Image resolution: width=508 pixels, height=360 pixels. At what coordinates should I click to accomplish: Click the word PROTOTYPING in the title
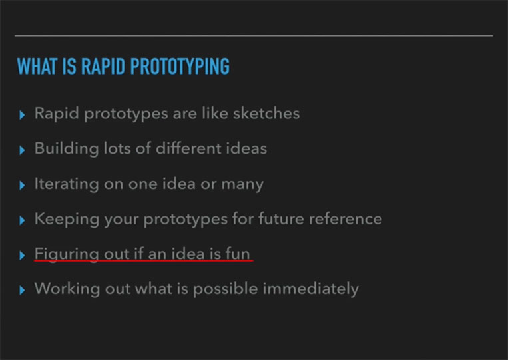pyautogui.click(x=180, y=67)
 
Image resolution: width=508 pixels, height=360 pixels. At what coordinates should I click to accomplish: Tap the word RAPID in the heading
pyautogui.click(x=103, y=67)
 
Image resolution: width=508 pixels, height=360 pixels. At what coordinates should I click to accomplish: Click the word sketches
pyautogui.click(x=266, y=113)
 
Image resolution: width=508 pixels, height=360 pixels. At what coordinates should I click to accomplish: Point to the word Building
pyautogui.click(x=67, y=149)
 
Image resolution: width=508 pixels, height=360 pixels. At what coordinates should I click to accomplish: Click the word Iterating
pyautogui.click(x=67, y=184)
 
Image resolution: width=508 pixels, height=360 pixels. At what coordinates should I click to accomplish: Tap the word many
pyautogui.click(x=242, y=185)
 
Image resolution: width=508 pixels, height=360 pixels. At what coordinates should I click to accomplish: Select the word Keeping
pyautogui.click(x=67, y=219)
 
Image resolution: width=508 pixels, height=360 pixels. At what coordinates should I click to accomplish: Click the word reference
pyautogui.click(x=346, y=219)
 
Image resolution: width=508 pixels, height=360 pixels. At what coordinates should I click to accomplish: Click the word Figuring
pyautogui.click(x=67, y=254)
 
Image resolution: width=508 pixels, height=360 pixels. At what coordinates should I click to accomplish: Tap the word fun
pyautogui.click(x=238, y=254)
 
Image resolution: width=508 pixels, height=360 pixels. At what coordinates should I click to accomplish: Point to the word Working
pyautogui.click(x=67, y=289)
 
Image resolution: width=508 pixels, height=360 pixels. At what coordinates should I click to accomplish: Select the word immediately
pyautogui.click(x=311, y=289)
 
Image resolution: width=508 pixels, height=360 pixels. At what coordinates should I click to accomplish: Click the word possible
pyautogui.click(x=226, y=289)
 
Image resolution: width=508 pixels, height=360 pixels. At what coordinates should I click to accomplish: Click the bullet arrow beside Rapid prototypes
pyautogui.click(x=22, y=115)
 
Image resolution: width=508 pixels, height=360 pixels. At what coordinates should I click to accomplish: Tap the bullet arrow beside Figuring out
pyautogui.click(x=22, y=255)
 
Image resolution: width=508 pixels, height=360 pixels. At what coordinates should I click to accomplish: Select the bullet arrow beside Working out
pyautogui.click(x=22, y=290)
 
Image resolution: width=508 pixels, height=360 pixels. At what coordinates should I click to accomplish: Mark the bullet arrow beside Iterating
pyautogui.click(x=22, y=185)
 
